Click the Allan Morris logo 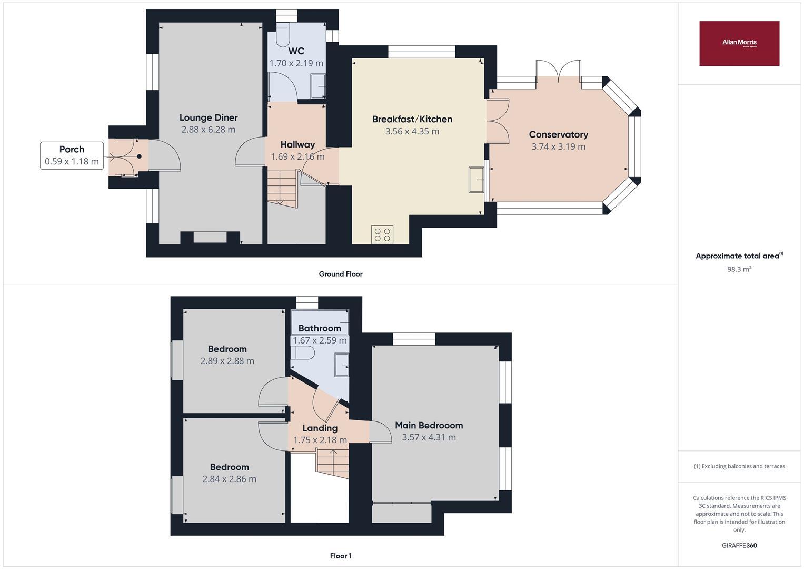click(739, 43)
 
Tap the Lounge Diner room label click(209, 117)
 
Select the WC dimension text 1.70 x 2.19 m click(296, 63)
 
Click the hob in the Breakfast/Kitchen click(382, 234)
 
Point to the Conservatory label click(558, 134)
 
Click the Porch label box click(72, 155)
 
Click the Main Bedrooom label click(429, 425)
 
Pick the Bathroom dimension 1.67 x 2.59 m click(320, 340)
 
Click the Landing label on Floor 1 click(320, 428)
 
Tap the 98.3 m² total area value click(739, 269)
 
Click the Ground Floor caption click(340, 274)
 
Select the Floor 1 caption click(340, 556)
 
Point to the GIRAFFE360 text click(739, 545)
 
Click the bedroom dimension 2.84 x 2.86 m click(229, 479)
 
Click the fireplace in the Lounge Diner click(210, 237)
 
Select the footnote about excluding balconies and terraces click(739, 466)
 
